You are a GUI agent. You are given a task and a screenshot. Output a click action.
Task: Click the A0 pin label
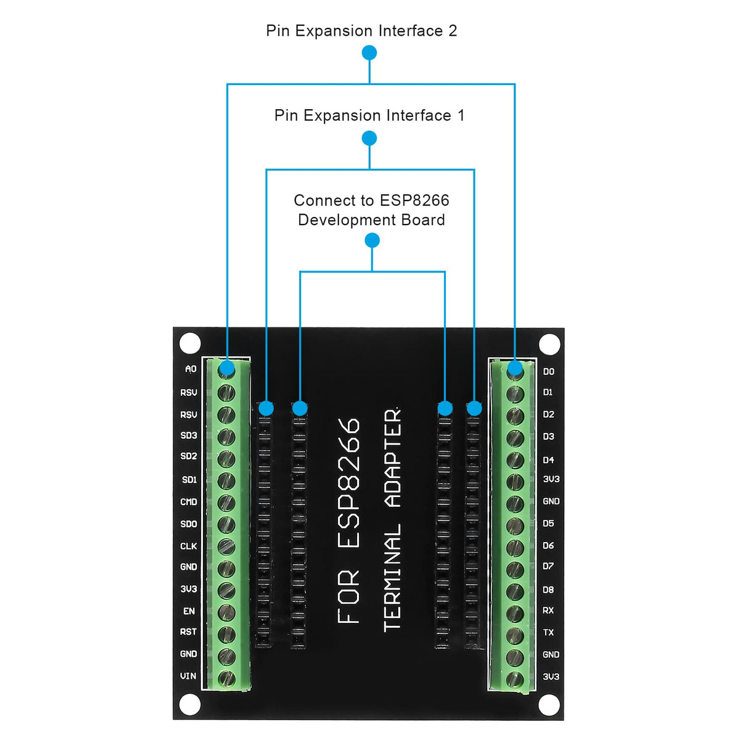coord(191,369)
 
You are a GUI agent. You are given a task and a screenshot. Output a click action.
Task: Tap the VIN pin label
coord(188,676)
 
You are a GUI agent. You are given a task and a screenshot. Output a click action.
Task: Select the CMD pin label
coord(189,502)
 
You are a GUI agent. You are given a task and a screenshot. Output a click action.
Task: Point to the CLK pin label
coord(189,546)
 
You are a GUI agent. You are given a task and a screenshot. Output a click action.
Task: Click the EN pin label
coord(189,611)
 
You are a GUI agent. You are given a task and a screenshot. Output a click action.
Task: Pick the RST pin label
coord(189,632)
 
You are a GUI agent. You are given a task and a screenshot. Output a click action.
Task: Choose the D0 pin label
coord(549,371)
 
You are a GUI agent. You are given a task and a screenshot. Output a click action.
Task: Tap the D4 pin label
coord(549,460)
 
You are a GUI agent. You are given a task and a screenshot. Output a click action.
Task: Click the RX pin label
coord(548,610)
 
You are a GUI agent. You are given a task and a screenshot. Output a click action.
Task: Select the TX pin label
coord(548,633)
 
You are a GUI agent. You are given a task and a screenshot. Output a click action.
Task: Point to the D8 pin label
coord(548,590)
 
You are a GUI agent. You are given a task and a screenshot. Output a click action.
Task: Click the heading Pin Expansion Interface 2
coord(361,31)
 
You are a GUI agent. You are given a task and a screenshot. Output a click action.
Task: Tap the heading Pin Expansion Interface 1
coord(369,115)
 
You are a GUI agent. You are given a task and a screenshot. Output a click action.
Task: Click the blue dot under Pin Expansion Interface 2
coord(369,53)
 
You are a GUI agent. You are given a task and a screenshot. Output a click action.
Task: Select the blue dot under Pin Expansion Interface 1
coord(369,138)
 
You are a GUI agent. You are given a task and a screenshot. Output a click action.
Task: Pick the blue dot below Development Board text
coord(372,240)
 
